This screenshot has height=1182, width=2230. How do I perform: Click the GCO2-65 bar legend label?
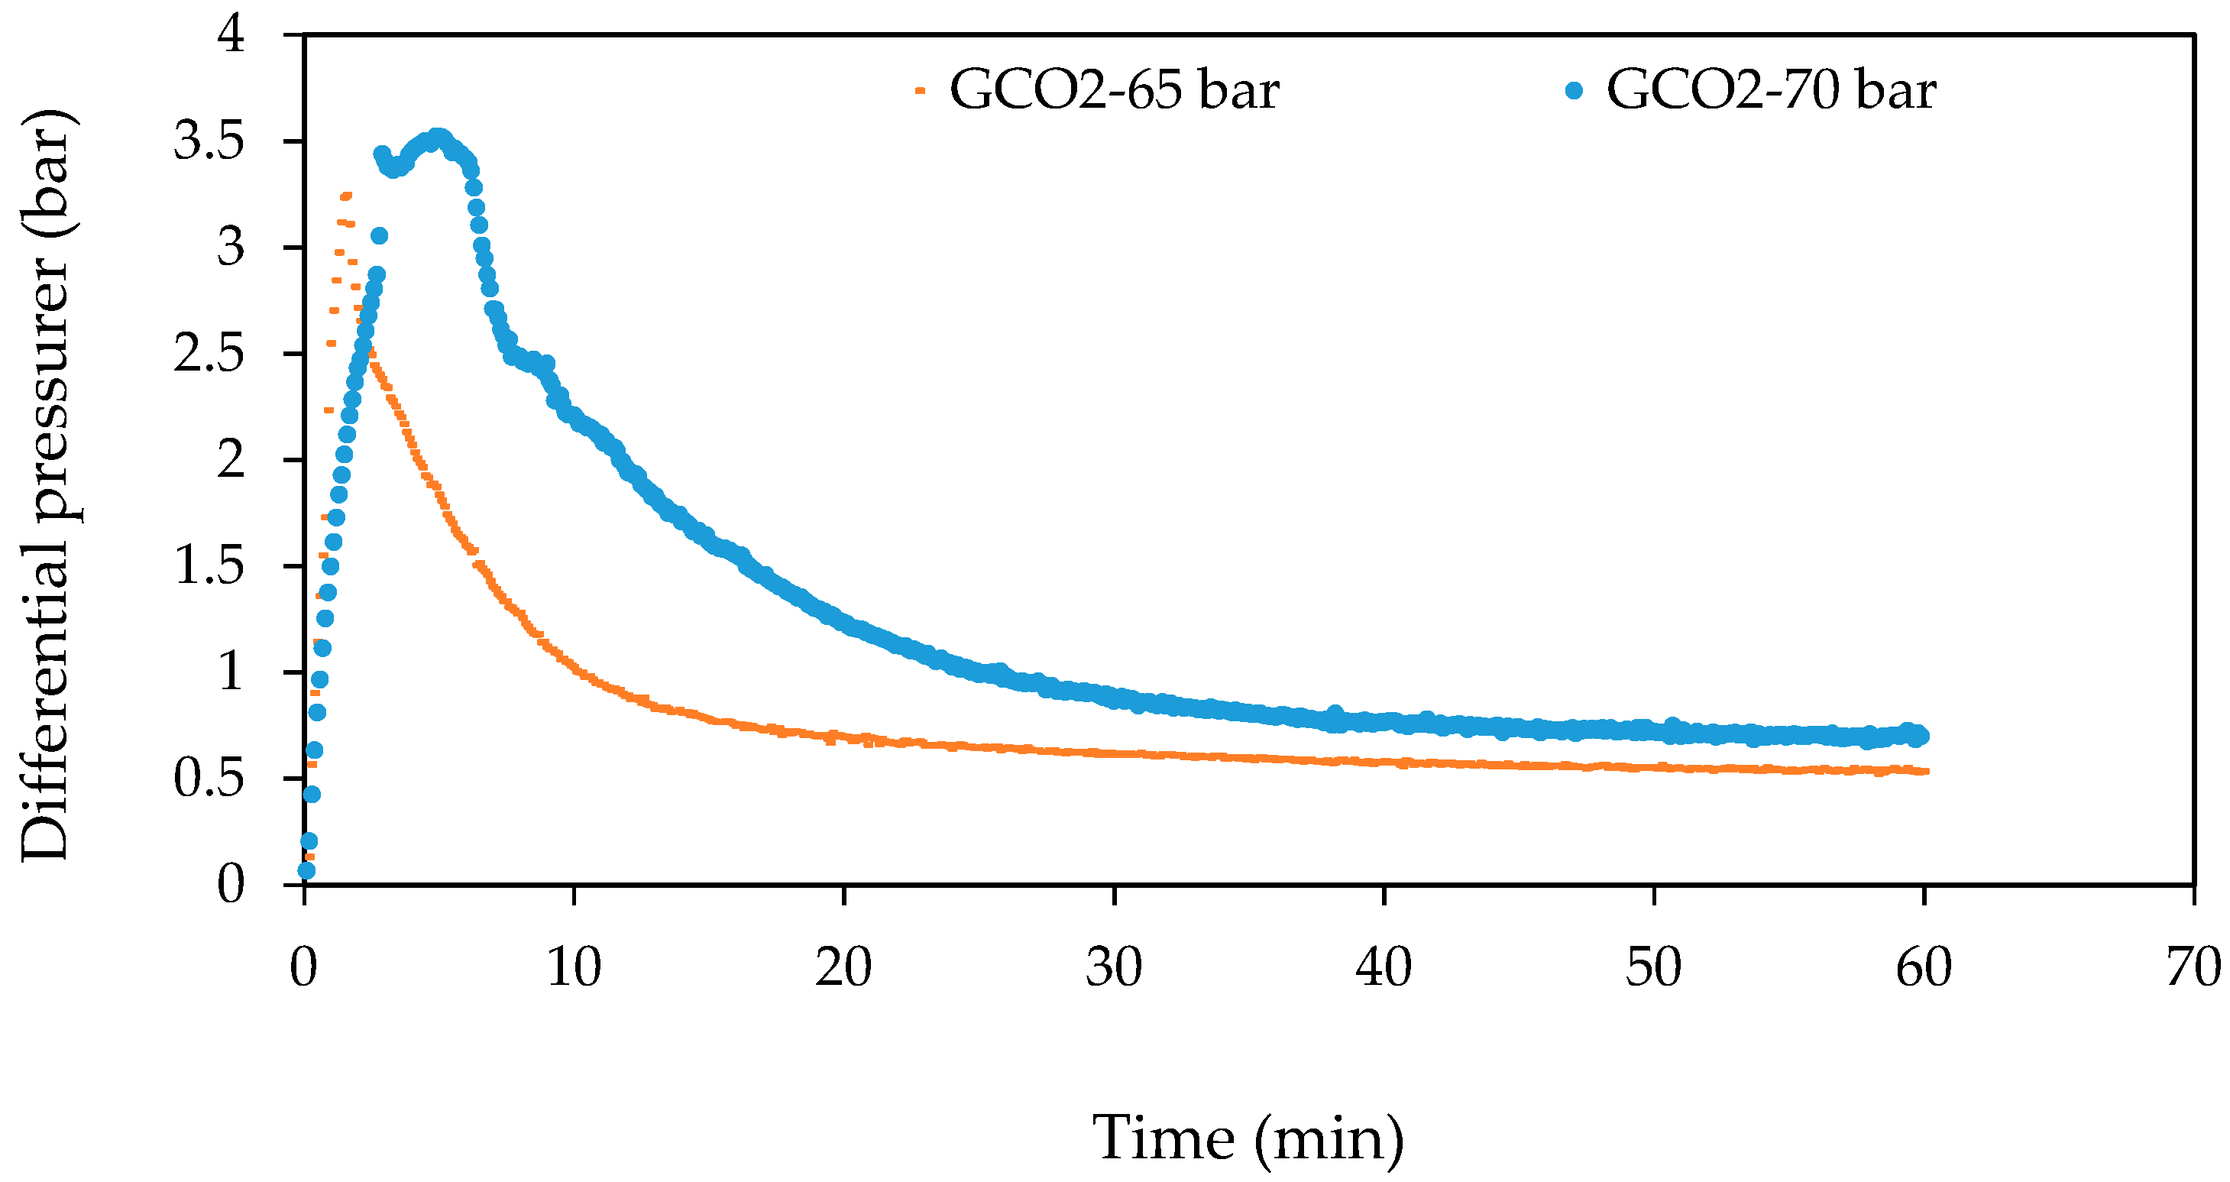coord(1114,89)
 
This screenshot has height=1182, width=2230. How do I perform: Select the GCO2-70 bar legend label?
coord(1771,89)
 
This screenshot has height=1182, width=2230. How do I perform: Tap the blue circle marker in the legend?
coord(1575,90)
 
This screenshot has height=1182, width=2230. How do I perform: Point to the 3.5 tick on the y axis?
coord(209,141)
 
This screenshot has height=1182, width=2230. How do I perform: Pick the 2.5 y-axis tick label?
coord(209,353)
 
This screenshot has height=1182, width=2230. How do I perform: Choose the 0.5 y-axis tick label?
coord(209,779)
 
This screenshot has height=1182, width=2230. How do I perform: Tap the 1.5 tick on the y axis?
coord(209,566)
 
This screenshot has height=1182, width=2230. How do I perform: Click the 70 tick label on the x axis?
coord(2193,967)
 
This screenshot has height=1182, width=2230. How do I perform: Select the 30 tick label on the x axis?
coord(1114,967)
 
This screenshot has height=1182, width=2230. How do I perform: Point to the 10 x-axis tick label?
coord(574,967)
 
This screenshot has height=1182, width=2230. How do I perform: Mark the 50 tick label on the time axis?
coord(1653,967)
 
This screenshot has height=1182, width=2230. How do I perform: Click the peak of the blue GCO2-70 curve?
coord(440,138)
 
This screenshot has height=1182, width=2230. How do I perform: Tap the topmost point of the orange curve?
coord(346,196)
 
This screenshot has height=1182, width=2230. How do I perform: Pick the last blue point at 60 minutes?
coord(1919,736)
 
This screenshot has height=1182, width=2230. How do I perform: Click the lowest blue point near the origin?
coord(306,870)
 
